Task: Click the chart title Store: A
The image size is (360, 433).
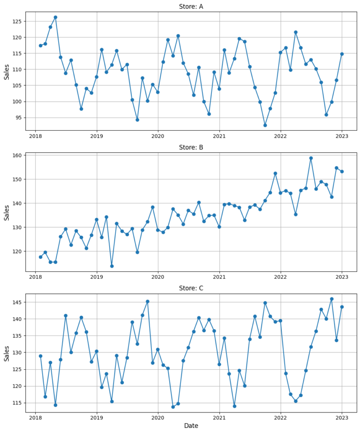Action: click(x=191, y=7)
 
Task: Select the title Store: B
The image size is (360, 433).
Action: click(x=191, y=147)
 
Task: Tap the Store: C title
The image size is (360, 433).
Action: click(x=191, y=288)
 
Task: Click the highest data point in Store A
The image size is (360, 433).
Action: click(x=55, y=17)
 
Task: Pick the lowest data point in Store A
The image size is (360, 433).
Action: click(x=265, y=125)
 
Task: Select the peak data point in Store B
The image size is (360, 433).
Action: click(x=311, y=158)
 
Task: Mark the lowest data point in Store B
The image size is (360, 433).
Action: click(x=112, y=266)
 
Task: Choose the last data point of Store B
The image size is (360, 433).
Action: click(x=342, y=172)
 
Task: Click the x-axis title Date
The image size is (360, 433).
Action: click(x=191, y=426)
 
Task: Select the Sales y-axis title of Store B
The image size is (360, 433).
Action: click(x=7, y=212)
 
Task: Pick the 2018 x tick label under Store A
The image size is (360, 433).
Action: click(x=35, y=136)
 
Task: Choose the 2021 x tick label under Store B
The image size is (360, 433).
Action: click(x=219, y=277)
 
